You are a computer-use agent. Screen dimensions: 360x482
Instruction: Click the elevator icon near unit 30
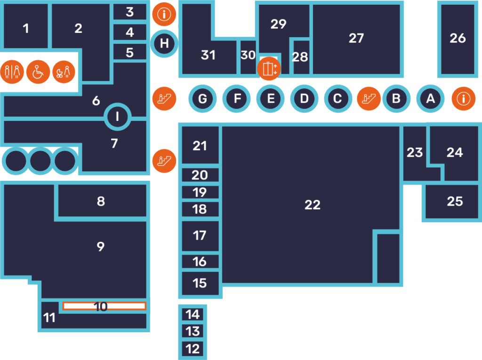(x=269, y=69)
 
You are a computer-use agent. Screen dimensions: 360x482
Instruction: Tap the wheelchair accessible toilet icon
(x=38, y=72)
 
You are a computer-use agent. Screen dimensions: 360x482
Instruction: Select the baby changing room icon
(x=64, y=72)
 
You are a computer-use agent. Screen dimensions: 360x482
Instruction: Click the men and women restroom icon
(x=12, y=72)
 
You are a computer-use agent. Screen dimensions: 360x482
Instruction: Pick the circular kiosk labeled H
(x=164, y=44)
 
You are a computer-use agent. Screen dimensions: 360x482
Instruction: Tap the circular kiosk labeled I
(x=117, y=116)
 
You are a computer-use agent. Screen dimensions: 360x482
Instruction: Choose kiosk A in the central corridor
(x=430, y=99)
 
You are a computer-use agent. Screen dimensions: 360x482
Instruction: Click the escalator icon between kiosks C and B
(x=369, y=99)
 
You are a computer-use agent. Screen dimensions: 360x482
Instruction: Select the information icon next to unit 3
(x=164, y=15)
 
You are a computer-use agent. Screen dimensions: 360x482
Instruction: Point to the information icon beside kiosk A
(x=464, y=99)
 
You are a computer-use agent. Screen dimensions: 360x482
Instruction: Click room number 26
(x=458, y=39)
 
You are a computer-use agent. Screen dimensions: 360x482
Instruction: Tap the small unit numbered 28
(x=300, y=57)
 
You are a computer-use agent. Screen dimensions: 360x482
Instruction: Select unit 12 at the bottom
(x=193, y=349)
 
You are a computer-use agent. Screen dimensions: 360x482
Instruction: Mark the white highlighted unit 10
(x=104, y=306)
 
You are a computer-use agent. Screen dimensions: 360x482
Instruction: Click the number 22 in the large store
(x=312, y=205)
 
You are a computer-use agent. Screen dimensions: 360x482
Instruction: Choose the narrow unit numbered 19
(x=200, y=192)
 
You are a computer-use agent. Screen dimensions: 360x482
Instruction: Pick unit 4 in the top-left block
(x=130, y=32)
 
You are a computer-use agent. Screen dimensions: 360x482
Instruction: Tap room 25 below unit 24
(x=455, y=201)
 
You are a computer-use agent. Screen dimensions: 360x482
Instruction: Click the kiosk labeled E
(x=271, y=99)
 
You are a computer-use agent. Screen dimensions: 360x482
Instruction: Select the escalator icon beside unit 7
(x=164, y=160)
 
